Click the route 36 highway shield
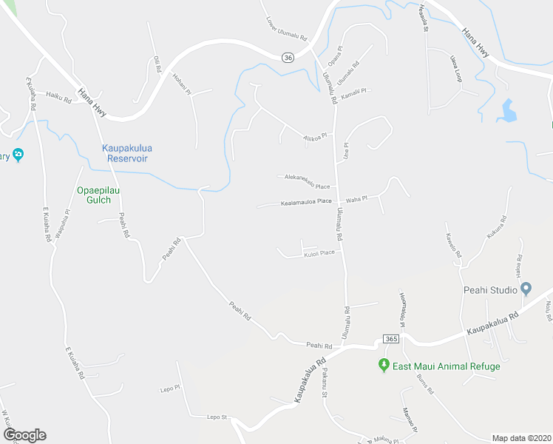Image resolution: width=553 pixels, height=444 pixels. [287, 58]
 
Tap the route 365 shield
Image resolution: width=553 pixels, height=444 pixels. [392, 338]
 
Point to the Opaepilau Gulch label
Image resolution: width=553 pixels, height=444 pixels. [98, 195]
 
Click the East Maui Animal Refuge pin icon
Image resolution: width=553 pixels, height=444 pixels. [384, 366]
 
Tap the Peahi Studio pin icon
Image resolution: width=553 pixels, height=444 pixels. [526, 289]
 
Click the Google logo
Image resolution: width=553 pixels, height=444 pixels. [24, 435]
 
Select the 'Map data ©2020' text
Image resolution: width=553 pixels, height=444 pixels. [521, 437]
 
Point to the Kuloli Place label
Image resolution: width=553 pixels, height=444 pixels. [319, 253]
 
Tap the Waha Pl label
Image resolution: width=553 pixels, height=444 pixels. [358, 199]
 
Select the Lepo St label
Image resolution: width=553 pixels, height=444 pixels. [215, 417]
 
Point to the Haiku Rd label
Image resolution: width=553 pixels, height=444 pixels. [58, 95]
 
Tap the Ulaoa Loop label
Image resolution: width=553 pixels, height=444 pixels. [455, 66]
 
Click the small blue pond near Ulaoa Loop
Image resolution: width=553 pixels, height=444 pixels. [509, 110]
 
